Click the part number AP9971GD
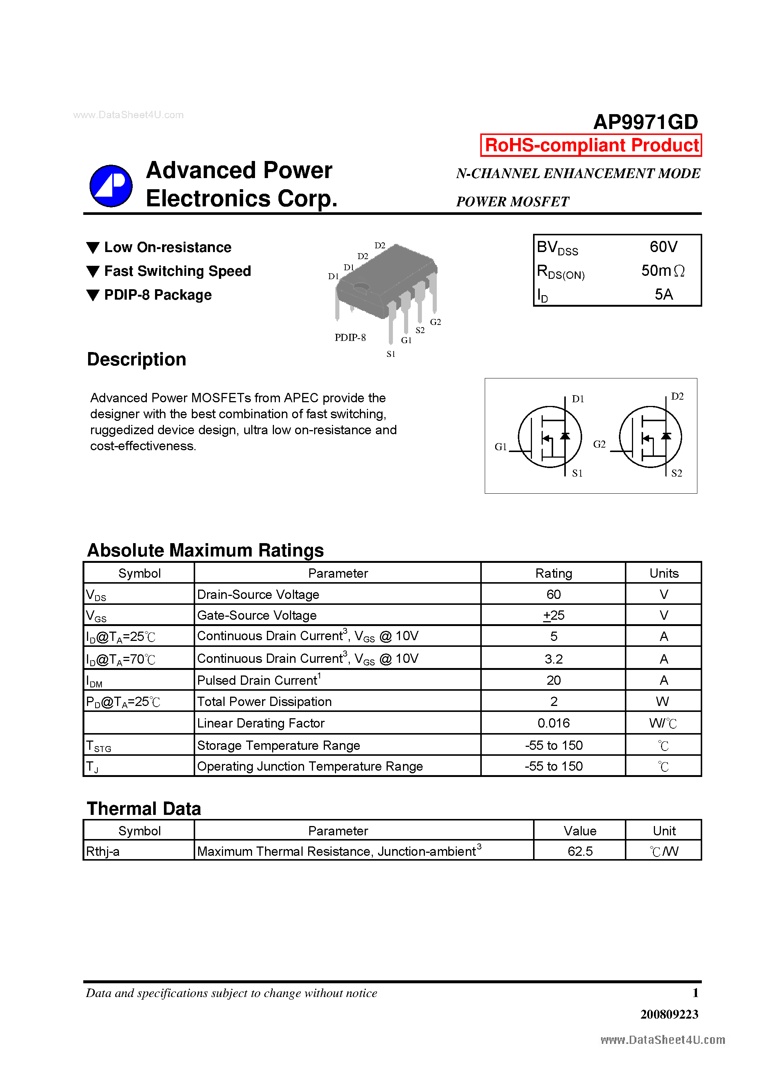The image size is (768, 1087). click(x=645, y=122)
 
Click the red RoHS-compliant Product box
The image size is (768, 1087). click(x=591, y=145)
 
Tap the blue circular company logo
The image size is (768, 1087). click(x=111, y=186)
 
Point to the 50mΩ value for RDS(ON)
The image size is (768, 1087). click(x=662, y=271)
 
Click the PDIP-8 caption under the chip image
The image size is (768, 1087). click(x=350, y=338)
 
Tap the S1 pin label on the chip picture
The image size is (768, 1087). click(x=391, y=354)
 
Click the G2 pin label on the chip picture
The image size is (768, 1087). click(x=435, y=322)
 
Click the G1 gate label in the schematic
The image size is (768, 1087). click(x=500, y=446)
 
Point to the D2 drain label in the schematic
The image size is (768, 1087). click(x=677, y=396)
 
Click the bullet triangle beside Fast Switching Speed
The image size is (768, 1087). click(x=93, y=271)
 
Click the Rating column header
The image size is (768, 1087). click(x=553, y=573)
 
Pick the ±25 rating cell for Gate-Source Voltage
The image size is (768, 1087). click(x=553, y=615)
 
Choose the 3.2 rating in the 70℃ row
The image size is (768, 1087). click(x=553, y=659)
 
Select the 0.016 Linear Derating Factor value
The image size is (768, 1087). click(x=553, y=723)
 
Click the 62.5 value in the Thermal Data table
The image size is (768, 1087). click(x=580, y=851)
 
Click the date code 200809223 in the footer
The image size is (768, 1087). click(x=669, y=1014)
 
